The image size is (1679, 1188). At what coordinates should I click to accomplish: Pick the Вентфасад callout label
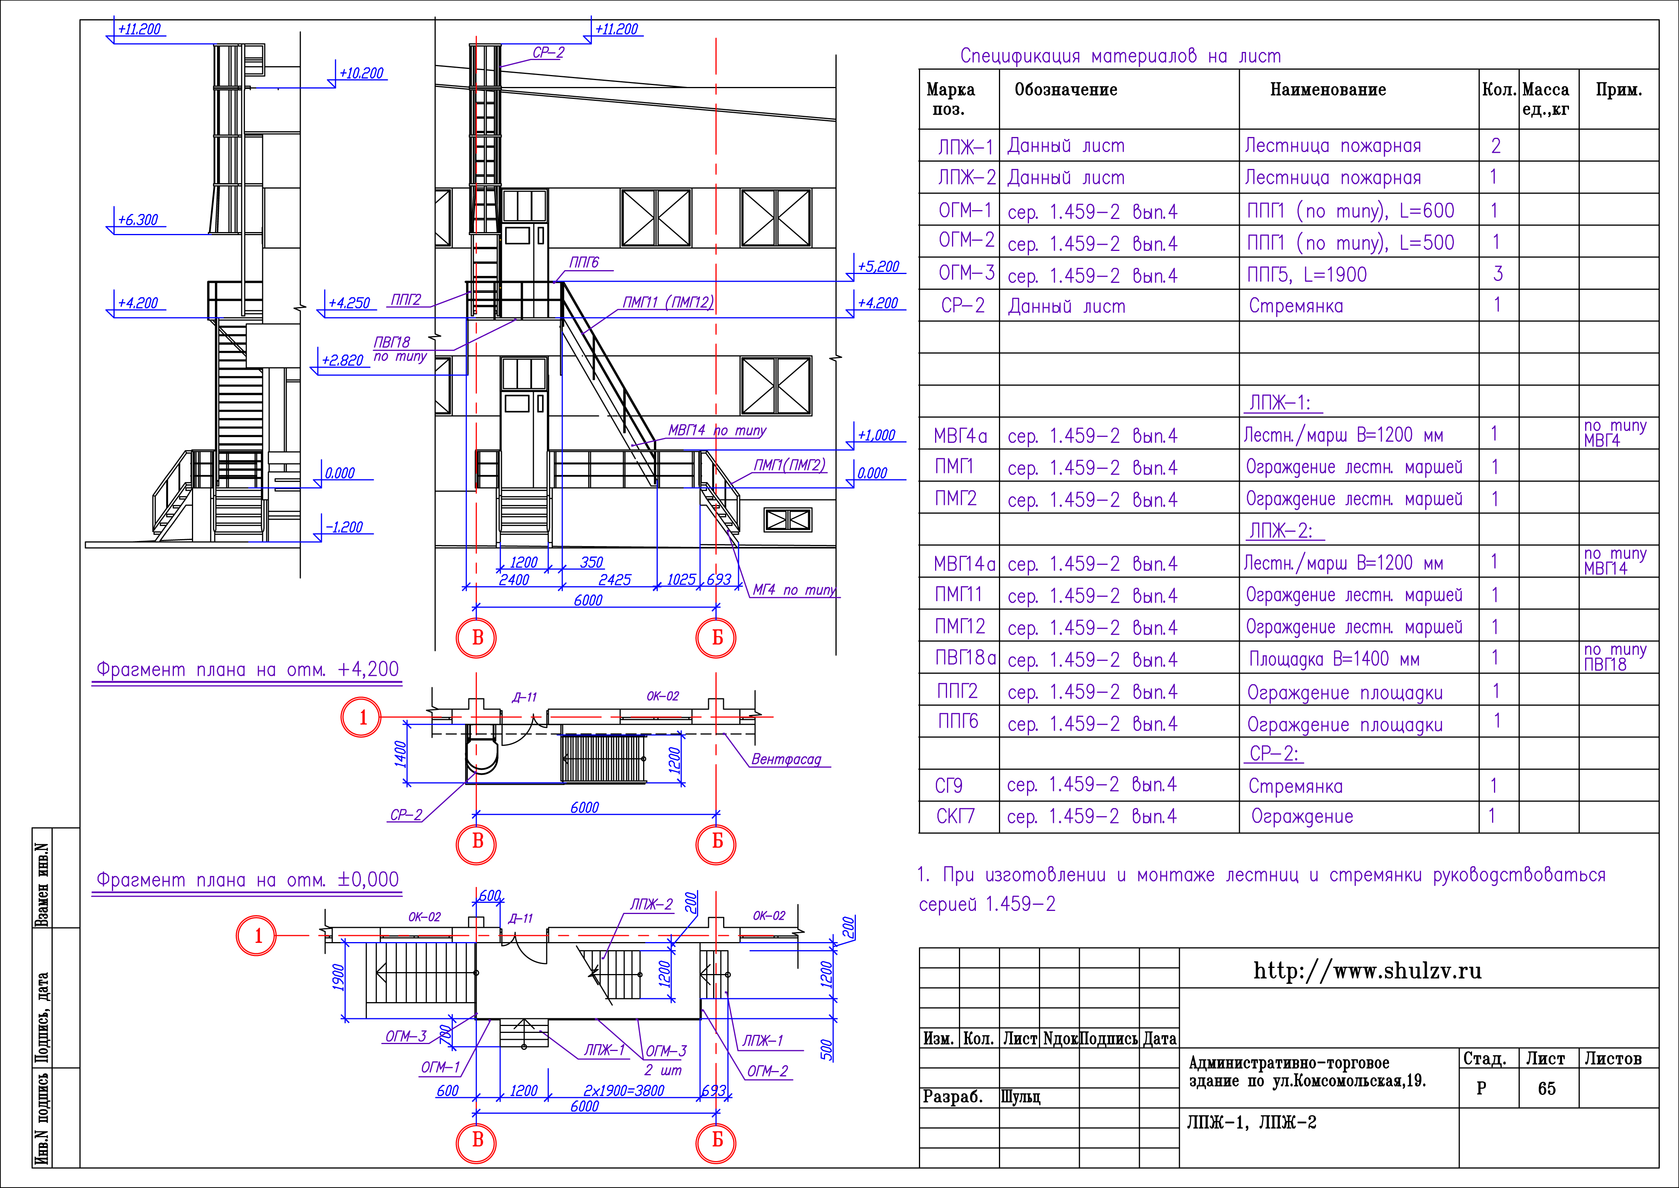point(786,759)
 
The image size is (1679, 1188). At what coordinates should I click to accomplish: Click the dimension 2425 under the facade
point(614,579)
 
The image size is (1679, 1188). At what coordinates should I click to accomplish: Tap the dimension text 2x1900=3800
point(624,1090)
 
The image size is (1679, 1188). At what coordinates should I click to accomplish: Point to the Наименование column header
point(1328,90)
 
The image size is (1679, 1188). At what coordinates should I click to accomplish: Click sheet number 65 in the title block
point(1547,1088)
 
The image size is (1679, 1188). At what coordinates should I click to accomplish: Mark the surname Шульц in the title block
point(1020,1096)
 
